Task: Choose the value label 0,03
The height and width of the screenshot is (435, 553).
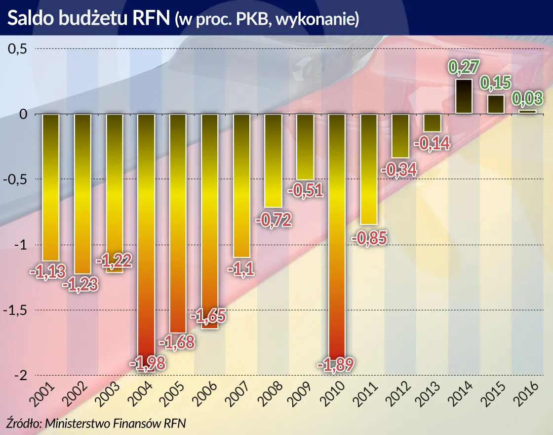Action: pyautogui.click(x=528, y=97)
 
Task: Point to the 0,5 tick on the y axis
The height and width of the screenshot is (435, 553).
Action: pyautogui.click(x=17, y=49)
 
